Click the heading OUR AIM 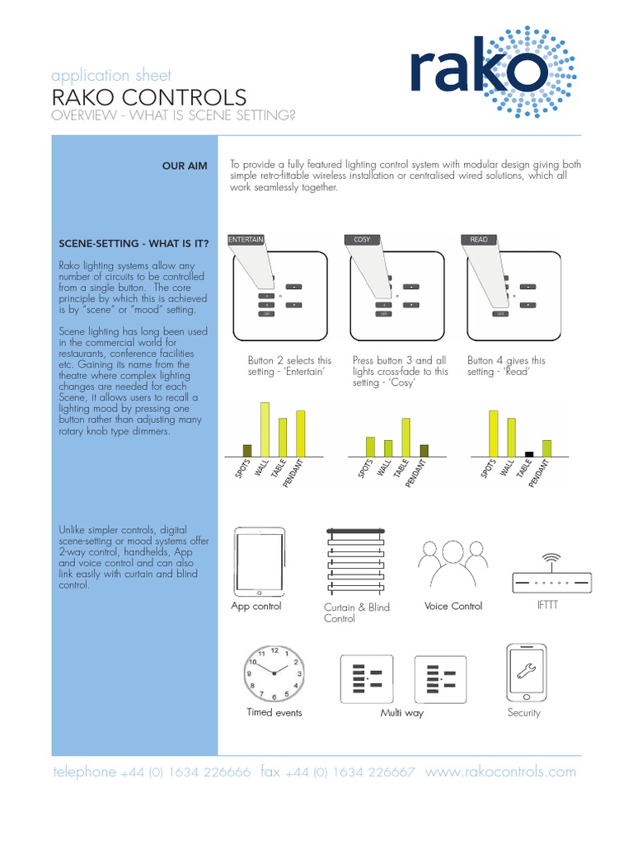(185, 166)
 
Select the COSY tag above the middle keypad (362, 240)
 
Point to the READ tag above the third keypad (479, 240)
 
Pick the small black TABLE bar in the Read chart (529, 453)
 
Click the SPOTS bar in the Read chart (494, 433)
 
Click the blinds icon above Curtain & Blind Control (355, 564)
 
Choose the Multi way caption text (401, 713)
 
